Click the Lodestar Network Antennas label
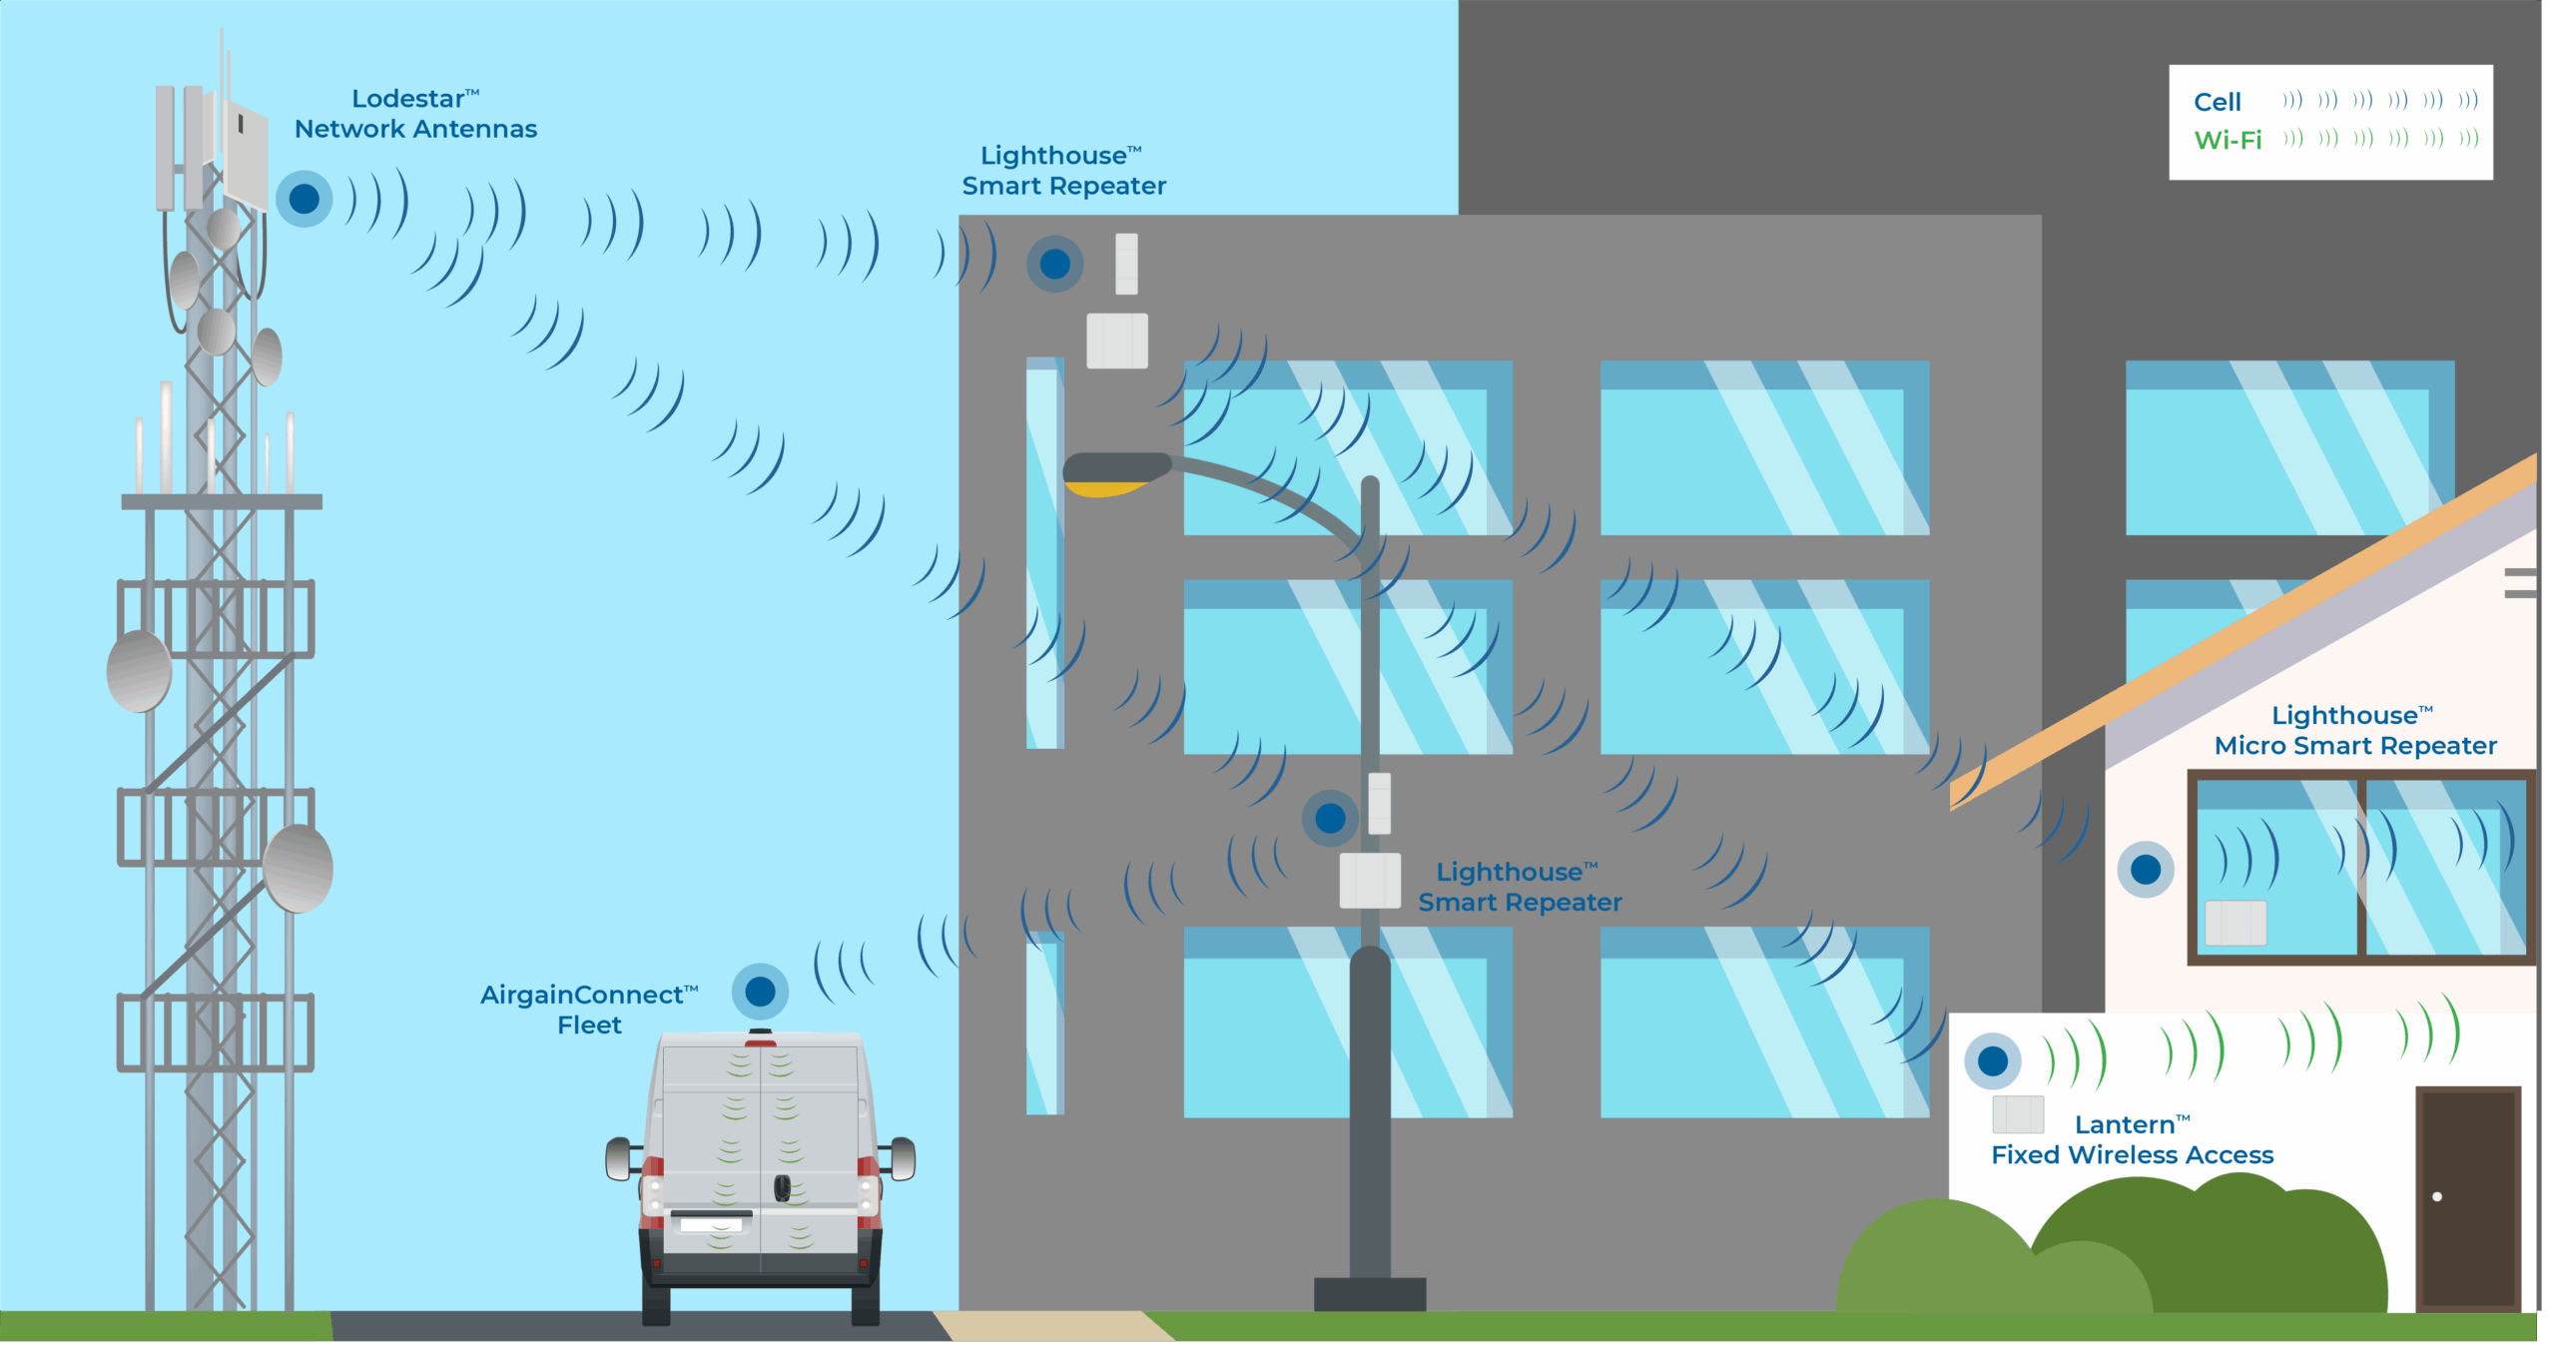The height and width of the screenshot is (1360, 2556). pos(415,114)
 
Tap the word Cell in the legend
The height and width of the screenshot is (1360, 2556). pos(2217,102)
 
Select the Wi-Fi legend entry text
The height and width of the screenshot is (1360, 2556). pos(2228,140)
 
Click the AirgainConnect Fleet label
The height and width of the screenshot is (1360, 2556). pos(588,1010)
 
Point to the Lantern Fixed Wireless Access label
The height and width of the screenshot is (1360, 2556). pos(2132,1139)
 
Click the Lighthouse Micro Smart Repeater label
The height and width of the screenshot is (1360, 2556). pos(2354,730)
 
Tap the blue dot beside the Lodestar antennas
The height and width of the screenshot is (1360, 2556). pos(305,199)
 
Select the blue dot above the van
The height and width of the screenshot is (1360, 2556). pos(760,992)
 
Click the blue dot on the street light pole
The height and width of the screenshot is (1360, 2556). pos(1330,819)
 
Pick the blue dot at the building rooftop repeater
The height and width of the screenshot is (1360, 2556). pos(1054,265)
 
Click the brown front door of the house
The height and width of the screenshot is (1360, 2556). pos(2467,1197)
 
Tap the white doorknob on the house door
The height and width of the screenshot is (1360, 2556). pos(2437,1196)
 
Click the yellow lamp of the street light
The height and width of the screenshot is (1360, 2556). pos(1103,488)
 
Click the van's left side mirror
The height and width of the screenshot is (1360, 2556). pos(619,1159)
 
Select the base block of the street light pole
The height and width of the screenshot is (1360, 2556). pos(1370,1294)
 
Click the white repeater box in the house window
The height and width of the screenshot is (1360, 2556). pos(2236,923)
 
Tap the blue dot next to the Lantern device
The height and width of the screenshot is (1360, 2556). pos(1993,1060)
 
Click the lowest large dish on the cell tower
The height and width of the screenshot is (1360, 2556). pos(298,868)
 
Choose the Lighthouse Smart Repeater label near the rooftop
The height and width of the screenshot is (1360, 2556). pos(1063,171)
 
